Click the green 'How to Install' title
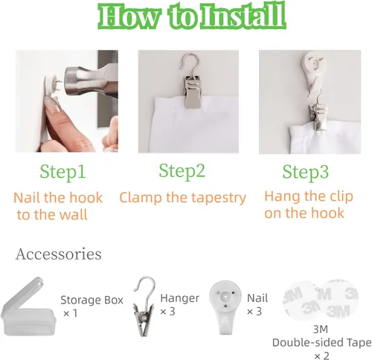[x=192, y=16]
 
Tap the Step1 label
[x=62, y=172]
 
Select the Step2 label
[x=182, y=171]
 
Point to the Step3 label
[x=306, y=172]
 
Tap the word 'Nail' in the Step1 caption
[x=28, y=198]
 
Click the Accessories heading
[x=59, y=254]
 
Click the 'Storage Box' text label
[x=92, y=300]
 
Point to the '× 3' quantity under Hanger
[x=167, y=312]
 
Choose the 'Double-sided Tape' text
[x=321, y=343]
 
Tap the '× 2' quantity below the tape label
[x=321, y=356]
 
